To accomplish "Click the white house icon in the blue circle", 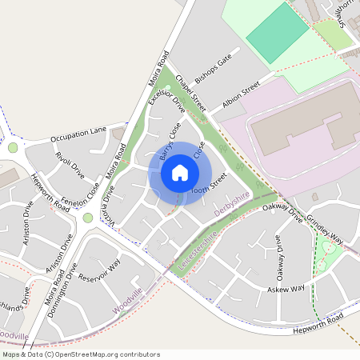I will pos(180,173).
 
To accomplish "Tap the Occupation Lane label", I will pos(78,134).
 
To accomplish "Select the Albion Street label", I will pos(242,90).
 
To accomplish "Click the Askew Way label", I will pos(286,288).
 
